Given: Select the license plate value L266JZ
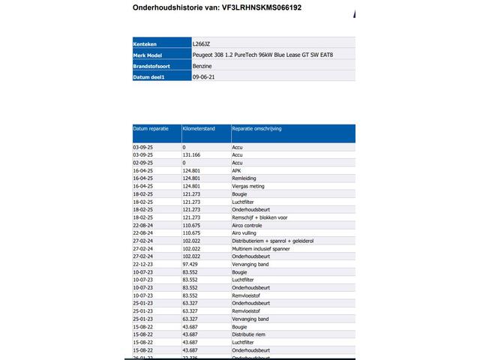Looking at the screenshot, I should point(202,44).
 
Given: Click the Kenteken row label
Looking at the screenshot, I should point(145,44).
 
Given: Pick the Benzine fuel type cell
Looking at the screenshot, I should point(202,66).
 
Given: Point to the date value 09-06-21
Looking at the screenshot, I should point(204,76).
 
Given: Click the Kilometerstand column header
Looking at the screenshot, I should point(199,129).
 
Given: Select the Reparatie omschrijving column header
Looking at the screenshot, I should point(256,129).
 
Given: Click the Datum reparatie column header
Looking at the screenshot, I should point(152,129).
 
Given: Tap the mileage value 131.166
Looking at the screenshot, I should point(193,155).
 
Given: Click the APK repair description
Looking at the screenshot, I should point(237,171).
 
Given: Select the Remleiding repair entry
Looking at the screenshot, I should point(244,178).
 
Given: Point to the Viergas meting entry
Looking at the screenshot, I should point(248,186).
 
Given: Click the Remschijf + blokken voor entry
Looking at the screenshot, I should point(260,217).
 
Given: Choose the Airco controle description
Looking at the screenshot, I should point(247,225).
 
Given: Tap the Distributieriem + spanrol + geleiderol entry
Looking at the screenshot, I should point(272,241).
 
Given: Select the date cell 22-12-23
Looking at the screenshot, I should point(142,264).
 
